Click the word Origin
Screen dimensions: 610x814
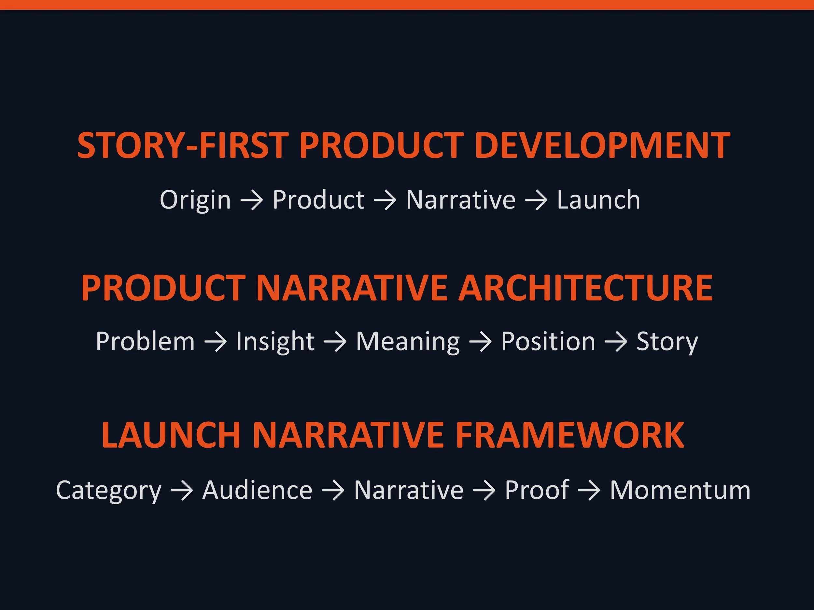pos(195,200)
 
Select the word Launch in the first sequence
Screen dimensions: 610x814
pos(598,200)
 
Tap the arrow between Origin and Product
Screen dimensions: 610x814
pos(252,201)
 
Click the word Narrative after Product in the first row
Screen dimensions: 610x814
pos(461,200)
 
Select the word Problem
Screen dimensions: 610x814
pos(145,341)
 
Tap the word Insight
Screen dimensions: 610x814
pos(275,342)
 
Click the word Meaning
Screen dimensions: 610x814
pos(408,342)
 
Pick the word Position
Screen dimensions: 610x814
pos(548,341)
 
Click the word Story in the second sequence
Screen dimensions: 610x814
pos(667,342)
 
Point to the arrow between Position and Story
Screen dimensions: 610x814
pos(616,342)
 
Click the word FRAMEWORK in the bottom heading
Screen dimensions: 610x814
pos(570,435)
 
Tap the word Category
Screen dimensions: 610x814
pos(108,491)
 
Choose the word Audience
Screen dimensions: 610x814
pos(257,490)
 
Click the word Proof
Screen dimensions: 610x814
pos(537,490)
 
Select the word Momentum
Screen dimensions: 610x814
pos(680,490)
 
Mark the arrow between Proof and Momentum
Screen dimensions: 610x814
pos(589,491)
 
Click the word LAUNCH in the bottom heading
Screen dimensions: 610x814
pos(171,435)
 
